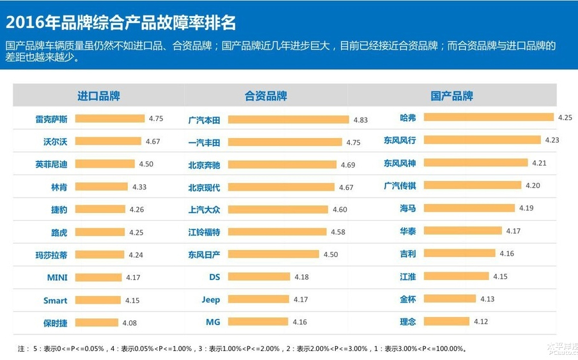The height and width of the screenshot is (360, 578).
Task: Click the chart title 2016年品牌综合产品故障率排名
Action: (x=120, y=23)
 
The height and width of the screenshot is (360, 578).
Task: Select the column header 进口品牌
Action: (x=98, y=96)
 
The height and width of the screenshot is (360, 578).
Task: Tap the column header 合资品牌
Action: (x=266, y=96)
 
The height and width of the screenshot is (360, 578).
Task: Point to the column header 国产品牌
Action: (x=451, y=96)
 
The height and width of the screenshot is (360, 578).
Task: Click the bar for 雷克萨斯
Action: (x=109, y=118)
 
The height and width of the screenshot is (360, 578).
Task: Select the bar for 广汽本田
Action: (x=288, y=120)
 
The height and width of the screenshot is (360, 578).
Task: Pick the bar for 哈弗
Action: (x=488, y=117)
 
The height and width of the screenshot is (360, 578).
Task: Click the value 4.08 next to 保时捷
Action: (x=129, y=323)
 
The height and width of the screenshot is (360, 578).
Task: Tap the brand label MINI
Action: (x=57, y=278)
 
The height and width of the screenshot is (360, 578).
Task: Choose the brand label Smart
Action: (x=55, y=301)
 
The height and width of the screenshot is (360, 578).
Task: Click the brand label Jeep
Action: (x=210, y=299)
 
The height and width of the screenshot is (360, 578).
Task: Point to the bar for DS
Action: (x=258, y=277)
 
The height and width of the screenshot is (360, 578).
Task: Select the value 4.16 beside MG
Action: (x=299, y=322)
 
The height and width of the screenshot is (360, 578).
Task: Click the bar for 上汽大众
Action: (x=277, y=209)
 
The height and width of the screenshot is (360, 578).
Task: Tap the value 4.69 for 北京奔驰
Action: (x=348, y=165)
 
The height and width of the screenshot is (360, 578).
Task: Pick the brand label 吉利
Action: (x=407, y=254)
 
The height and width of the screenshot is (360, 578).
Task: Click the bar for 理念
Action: (x=446, y=321)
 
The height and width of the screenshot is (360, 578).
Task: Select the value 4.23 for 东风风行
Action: (x=552, y=140)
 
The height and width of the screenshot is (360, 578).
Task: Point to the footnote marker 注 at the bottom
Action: (x=21, y=348)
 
